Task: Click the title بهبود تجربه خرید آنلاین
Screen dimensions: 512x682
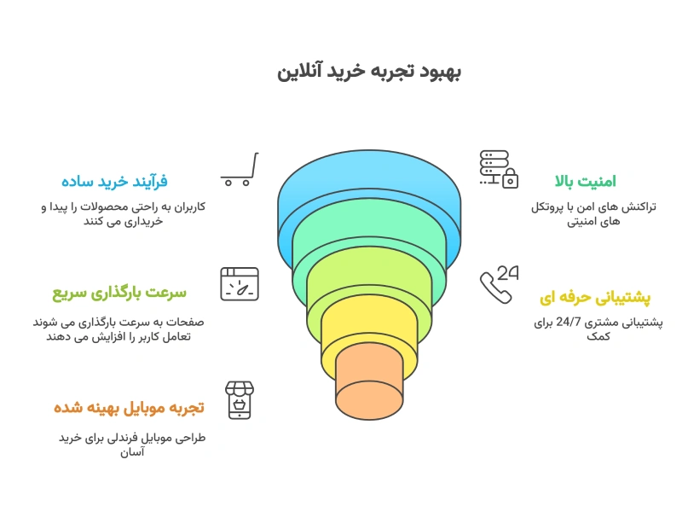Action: (x=369, y=71)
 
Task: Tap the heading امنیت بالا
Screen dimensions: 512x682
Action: (x=585, y=181)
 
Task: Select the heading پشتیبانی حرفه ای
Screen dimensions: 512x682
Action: (x=595, y=298)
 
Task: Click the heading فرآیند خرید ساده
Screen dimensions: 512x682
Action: (x=114, y=181)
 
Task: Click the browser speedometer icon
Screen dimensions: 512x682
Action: (x=240, y=283)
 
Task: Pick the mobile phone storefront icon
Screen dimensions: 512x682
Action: (x=240, y=399)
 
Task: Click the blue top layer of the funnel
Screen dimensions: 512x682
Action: (x=369, y=183)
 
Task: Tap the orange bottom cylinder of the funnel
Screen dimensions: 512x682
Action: (x=369, y=388)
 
